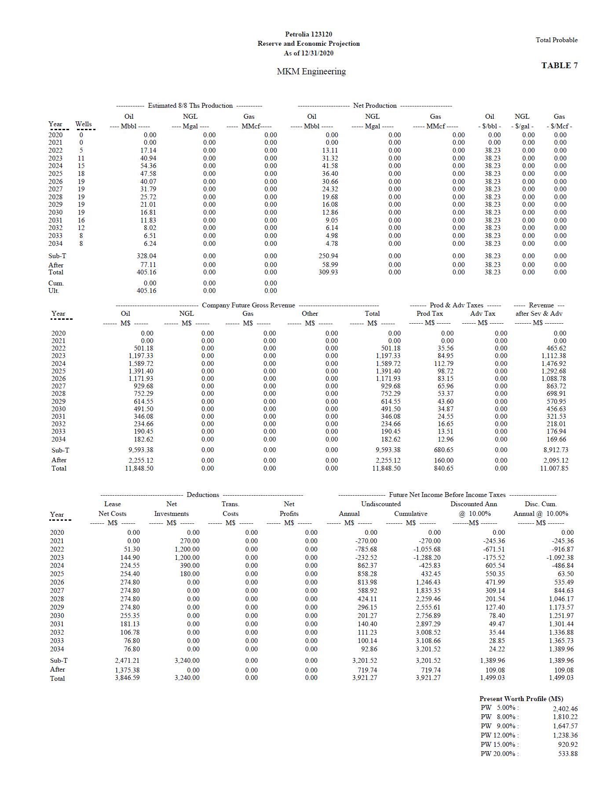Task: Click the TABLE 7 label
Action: click(559, 66)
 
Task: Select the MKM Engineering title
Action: click(311, 71)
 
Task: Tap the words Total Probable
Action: click(556, 40)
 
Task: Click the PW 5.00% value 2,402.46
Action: click(565, 709)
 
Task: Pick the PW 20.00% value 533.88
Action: click(567, 754)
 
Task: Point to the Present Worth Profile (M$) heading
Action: click(521, 698)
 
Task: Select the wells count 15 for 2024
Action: click(81, 166)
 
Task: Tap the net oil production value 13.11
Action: click(330, 150)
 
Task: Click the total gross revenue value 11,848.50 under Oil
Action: click(139, 468)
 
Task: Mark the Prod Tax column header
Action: click(430, 314)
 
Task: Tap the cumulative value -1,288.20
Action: click(427, 557)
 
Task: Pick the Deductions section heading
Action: click(203, 495)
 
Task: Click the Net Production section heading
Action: click(375, 106)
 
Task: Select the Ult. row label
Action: click(54, 291)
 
